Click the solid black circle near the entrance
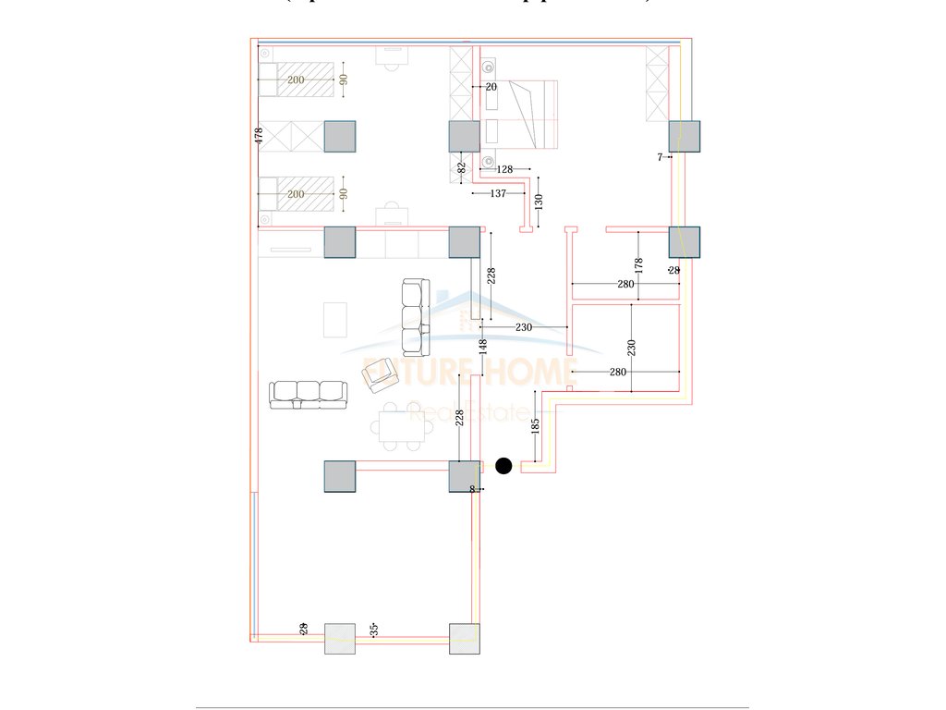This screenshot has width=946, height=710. click(x=503, y=466)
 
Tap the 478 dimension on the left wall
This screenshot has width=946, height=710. click(x=260, y=135)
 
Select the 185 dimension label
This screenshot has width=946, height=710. click(x=535, y=425)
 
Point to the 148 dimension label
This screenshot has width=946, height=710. click(x=482, y=348)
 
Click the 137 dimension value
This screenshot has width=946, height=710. click(x=498, y=193)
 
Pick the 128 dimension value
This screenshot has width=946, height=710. click(x=504, y=169)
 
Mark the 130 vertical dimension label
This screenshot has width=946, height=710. click(x=539, y=201)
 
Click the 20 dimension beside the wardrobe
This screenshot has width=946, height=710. click(x=491, y=87)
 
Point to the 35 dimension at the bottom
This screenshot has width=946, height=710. click(x=374, y=629)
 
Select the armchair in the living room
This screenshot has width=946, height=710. click(x=379, y=374)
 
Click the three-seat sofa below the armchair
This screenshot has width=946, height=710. click(x=309, y=395)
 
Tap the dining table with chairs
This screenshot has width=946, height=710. click(x=400, y=426)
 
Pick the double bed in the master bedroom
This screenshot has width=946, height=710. click(x=522, y=115)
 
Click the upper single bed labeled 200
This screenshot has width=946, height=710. click(x=296, y=80)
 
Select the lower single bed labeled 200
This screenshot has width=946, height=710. click(x=296, y=194)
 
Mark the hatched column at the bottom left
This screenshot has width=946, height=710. click(x=340, y=639)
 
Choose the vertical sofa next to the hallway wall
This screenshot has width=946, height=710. click(x=416, y=318)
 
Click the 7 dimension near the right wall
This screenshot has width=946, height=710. click(x=661, y=158)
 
